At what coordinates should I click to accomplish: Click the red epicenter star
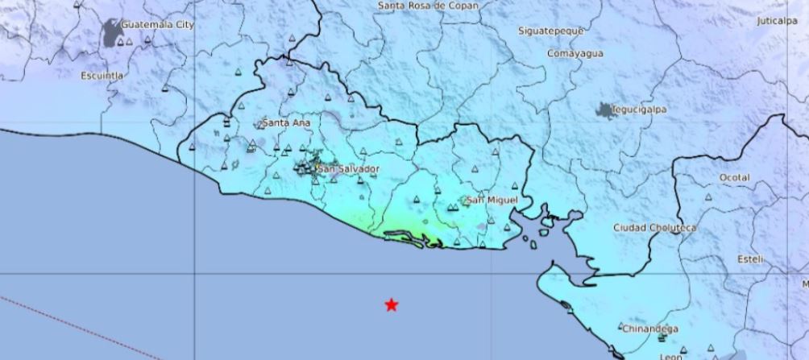click(391, 304)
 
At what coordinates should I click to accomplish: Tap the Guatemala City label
click(158, 25)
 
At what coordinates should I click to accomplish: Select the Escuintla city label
click(102, 76)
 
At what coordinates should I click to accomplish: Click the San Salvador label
click(348, 169)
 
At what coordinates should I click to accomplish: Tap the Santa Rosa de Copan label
click(428, 6)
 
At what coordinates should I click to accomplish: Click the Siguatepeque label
click(551, 31)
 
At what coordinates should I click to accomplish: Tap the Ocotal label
click(734, 177)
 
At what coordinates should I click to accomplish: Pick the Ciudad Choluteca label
click(654, 228)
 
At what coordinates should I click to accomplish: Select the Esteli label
click(750, 259)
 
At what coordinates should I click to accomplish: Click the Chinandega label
click(649, 329)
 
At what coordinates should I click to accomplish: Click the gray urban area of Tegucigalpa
click(604, 110)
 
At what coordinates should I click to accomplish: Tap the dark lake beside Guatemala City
click(111, 35)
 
